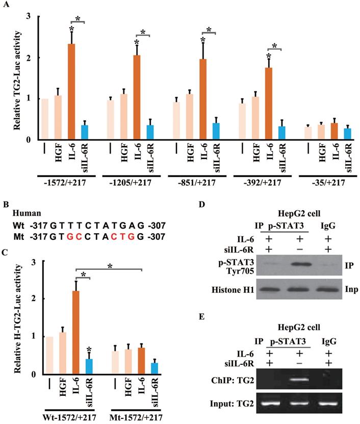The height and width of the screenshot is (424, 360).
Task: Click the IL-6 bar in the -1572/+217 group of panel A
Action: click(73, 91)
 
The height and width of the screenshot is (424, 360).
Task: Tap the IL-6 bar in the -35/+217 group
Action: click(335, 131)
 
